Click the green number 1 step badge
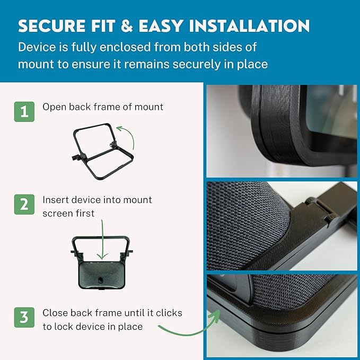coord(24,112)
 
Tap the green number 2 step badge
coord(24,205)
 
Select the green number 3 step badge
coord(24,318)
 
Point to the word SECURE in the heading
coord(52,25)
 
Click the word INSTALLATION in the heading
coord(249,25)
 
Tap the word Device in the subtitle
coord(37,47)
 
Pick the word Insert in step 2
coord(55,200)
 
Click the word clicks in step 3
coord(169,313)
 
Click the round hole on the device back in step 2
coord(100,280)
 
